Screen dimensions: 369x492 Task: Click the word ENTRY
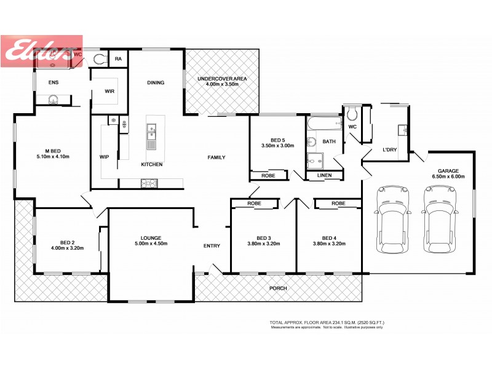tap(212, 246)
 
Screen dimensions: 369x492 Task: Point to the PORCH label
tap(278, 288)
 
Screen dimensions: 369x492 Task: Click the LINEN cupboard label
tap(324, 176)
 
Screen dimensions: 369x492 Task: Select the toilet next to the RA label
tap(100, 59)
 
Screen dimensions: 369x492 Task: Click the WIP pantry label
tap(104, 157)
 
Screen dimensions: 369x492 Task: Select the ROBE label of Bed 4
tap(338, 203)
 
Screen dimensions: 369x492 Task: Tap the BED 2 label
tap(67, 245)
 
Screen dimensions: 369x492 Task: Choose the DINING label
tap(156, 82)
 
